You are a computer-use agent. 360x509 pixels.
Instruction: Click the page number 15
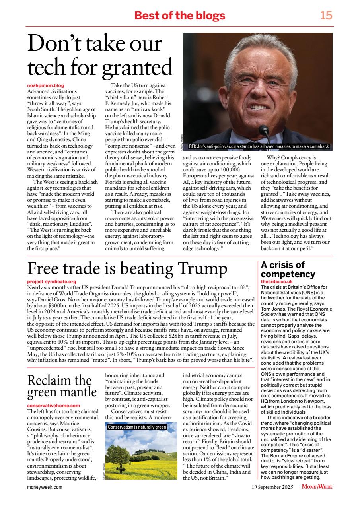326,16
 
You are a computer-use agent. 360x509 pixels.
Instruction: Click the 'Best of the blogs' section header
180,16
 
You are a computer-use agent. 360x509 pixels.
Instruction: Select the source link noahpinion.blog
45,85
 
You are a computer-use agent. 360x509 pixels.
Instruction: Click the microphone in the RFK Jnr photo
263,130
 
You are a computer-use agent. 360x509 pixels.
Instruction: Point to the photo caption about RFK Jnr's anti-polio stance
259,146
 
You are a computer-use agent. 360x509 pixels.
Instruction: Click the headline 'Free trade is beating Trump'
127,269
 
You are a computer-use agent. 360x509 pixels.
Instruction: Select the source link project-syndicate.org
51,282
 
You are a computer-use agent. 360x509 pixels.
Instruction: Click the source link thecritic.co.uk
276,282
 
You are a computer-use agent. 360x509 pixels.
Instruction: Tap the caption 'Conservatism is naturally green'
137,427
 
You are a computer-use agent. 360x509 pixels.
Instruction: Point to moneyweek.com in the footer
45,487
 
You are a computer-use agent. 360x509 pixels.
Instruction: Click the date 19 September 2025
272,487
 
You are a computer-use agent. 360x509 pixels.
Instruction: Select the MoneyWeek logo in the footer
317,487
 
